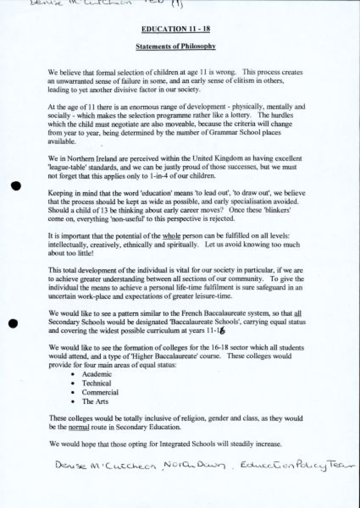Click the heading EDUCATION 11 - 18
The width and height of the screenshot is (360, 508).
click(176, 29)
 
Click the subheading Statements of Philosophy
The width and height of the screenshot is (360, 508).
click(176, 46)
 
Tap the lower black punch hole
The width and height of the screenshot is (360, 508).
click(13, 323)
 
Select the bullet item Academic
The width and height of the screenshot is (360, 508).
click(97, 374)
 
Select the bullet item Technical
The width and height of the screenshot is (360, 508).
click(96, 383)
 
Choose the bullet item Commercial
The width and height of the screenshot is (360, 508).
click(100, 392)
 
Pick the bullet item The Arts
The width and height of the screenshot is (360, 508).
click(95, 402)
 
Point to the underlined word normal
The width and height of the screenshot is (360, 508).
click(79, 427)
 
